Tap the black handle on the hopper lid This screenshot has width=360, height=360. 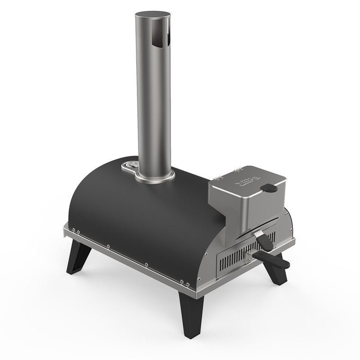coord(271,187)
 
